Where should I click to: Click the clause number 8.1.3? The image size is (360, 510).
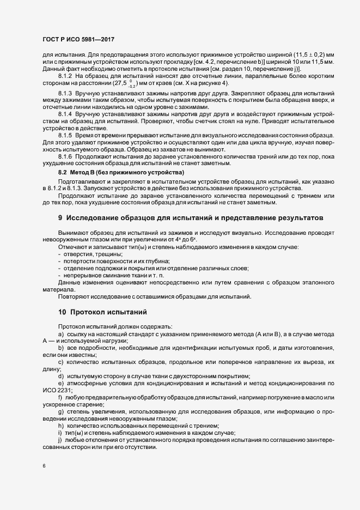(65, 94)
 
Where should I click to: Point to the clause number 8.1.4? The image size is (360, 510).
(65, 116)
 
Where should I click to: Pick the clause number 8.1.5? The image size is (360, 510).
(65, 134)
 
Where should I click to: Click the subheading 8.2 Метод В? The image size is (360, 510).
(88, 173)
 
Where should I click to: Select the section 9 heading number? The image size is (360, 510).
(60, 218)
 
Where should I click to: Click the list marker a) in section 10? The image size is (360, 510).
(60, 333)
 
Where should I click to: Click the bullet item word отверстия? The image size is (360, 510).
(81, 254)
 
